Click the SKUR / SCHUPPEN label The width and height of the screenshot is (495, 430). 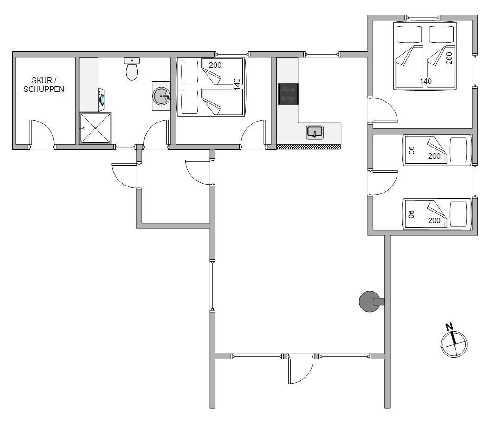(44, 85)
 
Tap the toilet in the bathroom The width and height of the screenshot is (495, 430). (132, 69)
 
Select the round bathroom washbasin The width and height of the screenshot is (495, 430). (161, 96)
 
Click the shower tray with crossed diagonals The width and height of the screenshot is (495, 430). (95, 128)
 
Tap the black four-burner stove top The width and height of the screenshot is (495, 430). (288, 94)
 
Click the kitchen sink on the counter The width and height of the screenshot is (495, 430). (315, 132)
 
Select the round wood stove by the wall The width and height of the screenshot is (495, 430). (370, 302)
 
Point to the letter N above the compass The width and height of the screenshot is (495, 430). (449, 327)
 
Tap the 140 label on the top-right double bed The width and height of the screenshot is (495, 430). (425, 81)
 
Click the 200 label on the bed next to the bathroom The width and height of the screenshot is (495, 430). (215, 65)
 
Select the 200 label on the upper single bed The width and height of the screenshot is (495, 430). (434, 156)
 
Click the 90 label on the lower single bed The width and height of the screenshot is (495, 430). (411, 214)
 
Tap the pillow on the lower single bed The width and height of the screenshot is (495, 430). (458, 214)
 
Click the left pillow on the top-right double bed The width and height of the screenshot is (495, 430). (409, 34)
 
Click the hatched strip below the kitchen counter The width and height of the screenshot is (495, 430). (308, 147)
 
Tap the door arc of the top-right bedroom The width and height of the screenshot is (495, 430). (388, 107)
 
